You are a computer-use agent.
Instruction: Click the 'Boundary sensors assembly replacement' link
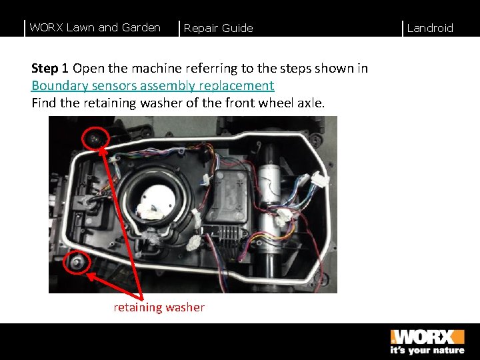tap(153, 85)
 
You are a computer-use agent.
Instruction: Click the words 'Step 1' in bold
tap(49, 68)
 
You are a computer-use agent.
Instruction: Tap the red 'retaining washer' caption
tap(159, 307)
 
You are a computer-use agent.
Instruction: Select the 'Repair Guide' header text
tap(218, 28)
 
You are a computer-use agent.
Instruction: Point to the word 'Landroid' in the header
tap(430, 28)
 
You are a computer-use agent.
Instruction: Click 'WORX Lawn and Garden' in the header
tap(95, 27)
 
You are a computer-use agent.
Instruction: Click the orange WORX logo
tap(427, 337)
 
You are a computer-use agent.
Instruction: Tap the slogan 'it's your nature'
tap(427, 350)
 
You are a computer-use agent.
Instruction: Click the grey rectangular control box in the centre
tap(227, 197)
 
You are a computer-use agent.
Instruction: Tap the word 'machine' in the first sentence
tap(157, 68)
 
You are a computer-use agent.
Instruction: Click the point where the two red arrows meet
tap(141, 299)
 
